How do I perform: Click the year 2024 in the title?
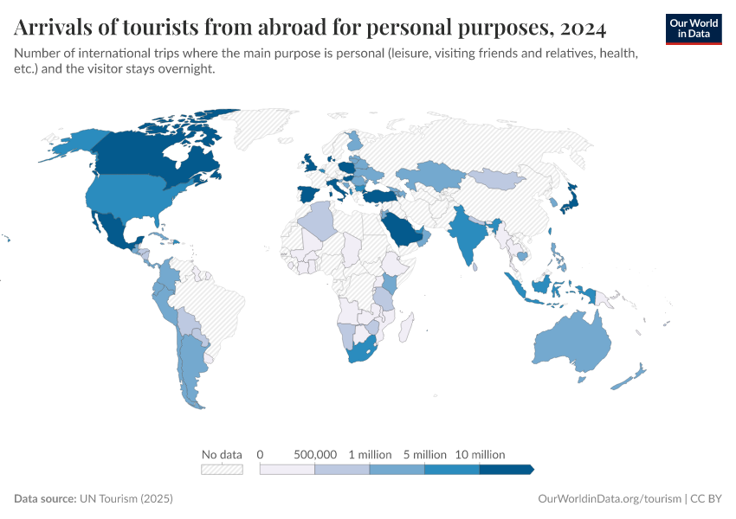581,29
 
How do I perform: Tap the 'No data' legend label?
221,454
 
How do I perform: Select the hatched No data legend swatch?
222,469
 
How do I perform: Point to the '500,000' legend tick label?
315,454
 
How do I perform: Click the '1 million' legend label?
370,454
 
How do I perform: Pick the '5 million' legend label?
424,454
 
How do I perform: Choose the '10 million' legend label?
480,454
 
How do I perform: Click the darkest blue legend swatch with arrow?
507,469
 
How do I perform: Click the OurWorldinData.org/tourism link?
610,499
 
